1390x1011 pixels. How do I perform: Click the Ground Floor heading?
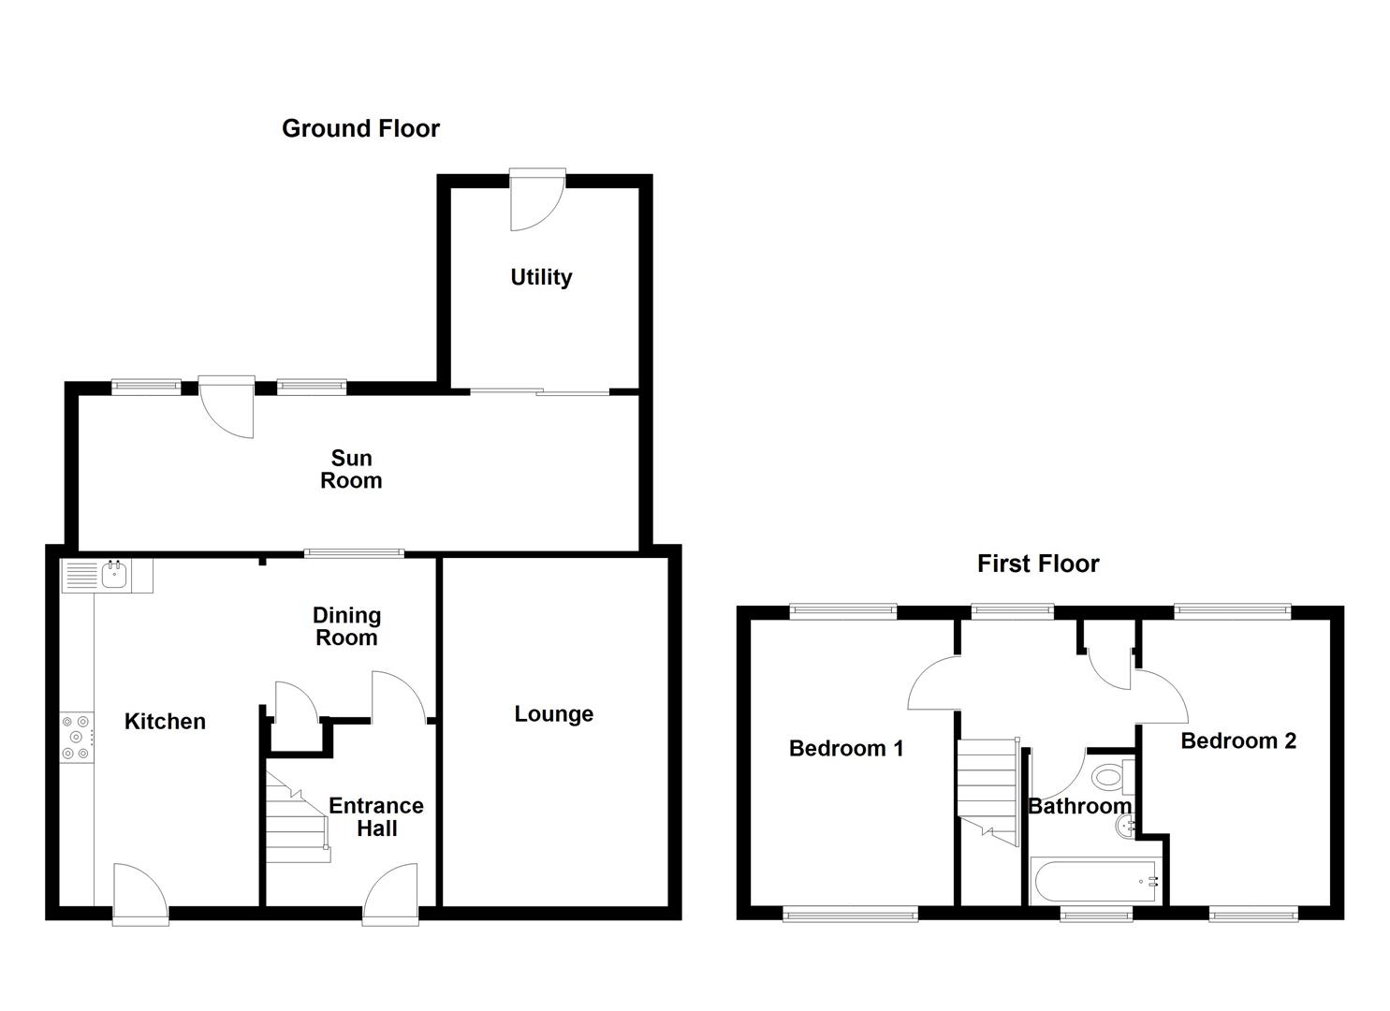click(x=360, y=128)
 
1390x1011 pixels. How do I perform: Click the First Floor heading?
click(x=1037, y=564)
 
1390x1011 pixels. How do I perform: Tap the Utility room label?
click(x=541, y=277)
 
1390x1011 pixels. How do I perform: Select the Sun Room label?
click(x=351, y=469)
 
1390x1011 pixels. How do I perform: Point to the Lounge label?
click(x=553, y=714)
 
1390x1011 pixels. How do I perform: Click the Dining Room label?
click(x=346, y=626)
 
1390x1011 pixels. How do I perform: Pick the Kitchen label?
click(x=165, y=722)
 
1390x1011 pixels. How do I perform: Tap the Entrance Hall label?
click(x=376, y=817)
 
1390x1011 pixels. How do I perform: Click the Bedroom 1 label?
click(x=846, y=748)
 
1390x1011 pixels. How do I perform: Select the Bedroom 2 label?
click(x=1238, y=741)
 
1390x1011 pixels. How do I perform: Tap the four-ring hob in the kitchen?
click(x=77, y=738)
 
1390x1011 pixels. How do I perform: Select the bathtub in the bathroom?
click(x=1094, y=881)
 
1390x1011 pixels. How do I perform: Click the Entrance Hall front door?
click(x=389, y=896)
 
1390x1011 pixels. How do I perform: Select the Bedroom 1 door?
click(x=932, y=684)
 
